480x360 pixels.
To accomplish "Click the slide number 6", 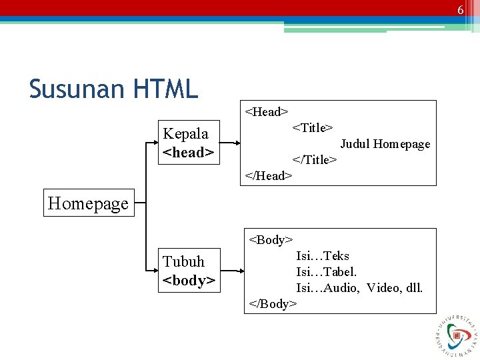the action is point(460,10).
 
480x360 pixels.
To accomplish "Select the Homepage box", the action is point(88,203).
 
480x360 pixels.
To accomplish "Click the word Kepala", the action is point(185,133).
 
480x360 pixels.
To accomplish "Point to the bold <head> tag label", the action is point(188,153).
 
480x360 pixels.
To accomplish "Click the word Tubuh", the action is point(183,261).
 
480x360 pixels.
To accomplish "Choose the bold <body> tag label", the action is point(189,281).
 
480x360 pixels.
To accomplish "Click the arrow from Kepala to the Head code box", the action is point(230,143).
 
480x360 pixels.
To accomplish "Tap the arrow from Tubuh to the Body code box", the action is point(230,271).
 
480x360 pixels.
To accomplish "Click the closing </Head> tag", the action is point(269,175).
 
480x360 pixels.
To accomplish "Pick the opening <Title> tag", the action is point(313,127).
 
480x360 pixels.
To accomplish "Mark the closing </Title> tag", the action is point(315,159).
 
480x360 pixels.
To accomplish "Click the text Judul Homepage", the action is point(385,144).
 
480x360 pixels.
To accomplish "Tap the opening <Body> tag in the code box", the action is point(271,239).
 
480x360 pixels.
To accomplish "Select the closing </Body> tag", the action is point(273,303).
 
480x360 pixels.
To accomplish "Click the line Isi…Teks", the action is point(323,255).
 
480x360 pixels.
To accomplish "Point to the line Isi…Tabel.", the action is point(327,271).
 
